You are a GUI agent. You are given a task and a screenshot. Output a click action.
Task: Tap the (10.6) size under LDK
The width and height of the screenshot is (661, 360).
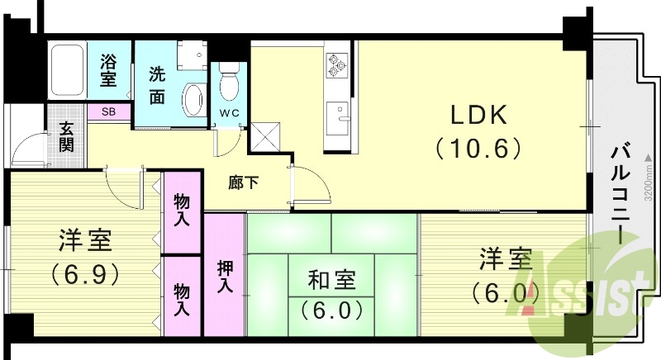coord(478,149)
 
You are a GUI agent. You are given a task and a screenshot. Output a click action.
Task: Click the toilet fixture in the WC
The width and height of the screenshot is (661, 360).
coord(230,83)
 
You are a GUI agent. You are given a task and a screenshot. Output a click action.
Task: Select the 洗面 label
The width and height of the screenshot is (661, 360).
coord(156,84)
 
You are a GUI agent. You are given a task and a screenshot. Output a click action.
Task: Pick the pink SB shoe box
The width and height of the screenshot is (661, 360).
coord(109,111)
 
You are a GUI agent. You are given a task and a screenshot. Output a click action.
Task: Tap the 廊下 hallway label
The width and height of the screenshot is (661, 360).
coord(242,182)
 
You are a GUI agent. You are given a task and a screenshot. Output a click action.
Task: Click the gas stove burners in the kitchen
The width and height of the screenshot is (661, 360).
coord(336,65)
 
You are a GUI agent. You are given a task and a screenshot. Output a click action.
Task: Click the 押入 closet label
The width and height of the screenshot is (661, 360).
coord(225,276)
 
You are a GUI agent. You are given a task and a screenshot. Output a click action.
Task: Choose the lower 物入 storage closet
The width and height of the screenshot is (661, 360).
coord(183,296)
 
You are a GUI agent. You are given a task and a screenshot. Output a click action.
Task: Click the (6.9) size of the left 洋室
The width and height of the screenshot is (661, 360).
coord(84,272)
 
